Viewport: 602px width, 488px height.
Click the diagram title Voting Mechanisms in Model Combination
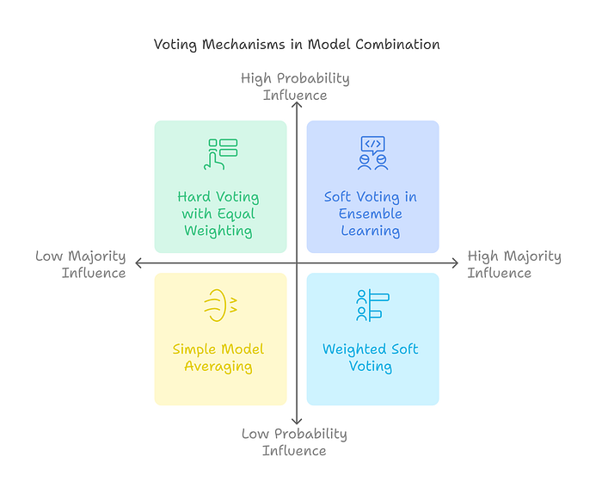pos(297,44)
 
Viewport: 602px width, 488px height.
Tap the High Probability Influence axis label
pos(295,86)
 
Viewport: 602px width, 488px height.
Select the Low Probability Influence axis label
pos(294,442)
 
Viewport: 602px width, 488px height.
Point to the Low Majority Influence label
pos(81,264)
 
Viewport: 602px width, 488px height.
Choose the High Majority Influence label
pos(513,264)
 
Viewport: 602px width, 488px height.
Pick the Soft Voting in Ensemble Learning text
pos(370,213)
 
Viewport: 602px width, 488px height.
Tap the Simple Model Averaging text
pos(218,357)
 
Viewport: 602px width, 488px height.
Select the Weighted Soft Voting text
pos(370,357)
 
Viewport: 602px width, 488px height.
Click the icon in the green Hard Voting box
pos(222,153)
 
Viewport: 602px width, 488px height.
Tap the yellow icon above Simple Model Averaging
pos(219,306)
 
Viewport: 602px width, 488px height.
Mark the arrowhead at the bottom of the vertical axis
pos(296,423)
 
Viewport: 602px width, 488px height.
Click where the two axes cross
pos(296,263)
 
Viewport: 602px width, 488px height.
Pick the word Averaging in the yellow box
pos(218,367)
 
